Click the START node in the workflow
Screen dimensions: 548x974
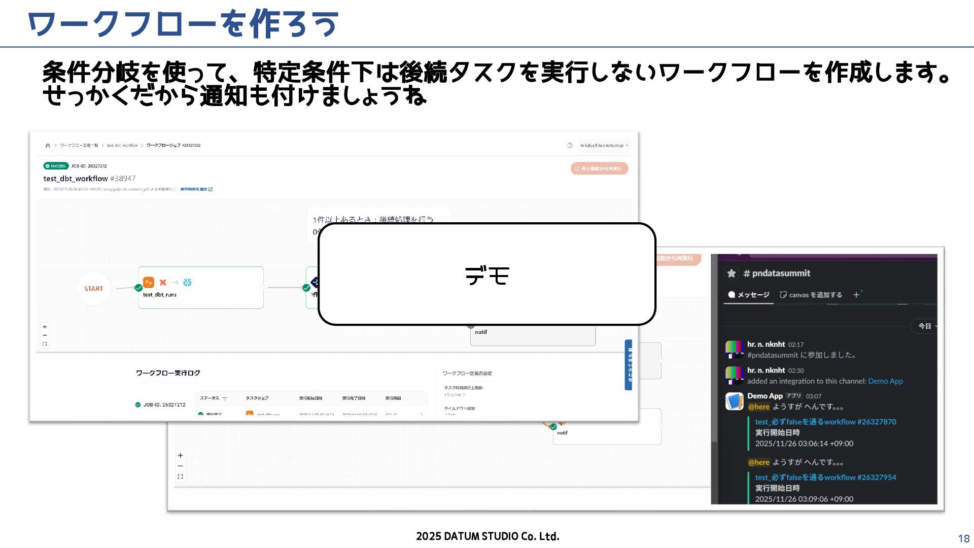tap(93, 288)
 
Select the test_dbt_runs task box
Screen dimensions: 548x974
tap(201, 287)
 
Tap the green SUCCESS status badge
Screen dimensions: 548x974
tap(56, 166)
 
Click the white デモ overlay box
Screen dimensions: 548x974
tap(486, 274)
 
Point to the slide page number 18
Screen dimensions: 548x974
tap(963, 539)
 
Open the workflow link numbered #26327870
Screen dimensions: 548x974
tap(825, 422)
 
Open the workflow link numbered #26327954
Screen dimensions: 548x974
tap(825, 477)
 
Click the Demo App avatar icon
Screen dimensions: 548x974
tap(734, 401)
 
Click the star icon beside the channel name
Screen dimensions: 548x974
tap(732, 273)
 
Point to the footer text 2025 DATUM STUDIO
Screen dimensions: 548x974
tap(487, 536)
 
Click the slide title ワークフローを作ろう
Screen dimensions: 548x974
tap(183, 24)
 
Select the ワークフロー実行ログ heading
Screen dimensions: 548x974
tap(168, 373)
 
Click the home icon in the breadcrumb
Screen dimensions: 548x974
tap(48, 146)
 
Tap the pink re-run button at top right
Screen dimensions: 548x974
tap(599, 168)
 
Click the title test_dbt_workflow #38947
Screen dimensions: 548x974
tap(89, 179)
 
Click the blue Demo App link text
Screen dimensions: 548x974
tap(885, 381)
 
